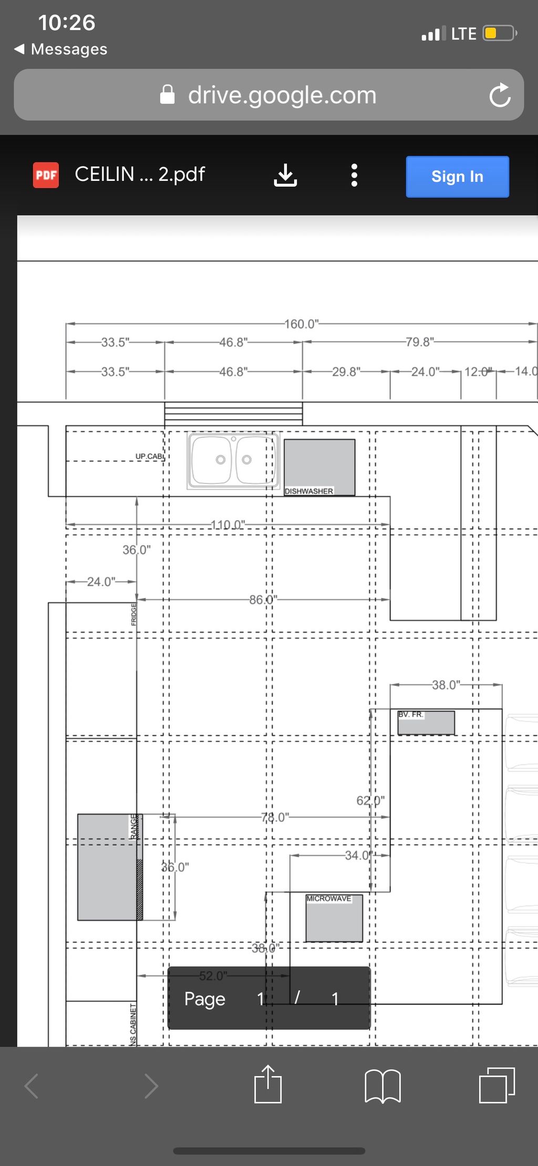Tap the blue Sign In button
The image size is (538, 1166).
[x=457, y=177]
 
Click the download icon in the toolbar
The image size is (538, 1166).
[x=285, y=175]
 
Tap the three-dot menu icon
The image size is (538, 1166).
[x=354, y=175]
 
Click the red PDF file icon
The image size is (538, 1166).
[x=46, y=175]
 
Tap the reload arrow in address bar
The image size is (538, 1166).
[x=500, y=95]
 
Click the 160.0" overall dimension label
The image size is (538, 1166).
[x=302, y=324]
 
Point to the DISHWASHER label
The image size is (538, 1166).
[x=308, y=491]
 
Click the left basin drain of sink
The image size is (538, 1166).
[x=221, y=460]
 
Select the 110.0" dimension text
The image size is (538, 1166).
[x=227, y=525]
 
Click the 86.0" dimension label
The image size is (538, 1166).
[x=263, y=600]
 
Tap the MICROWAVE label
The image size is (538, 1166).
[x=328, y=898]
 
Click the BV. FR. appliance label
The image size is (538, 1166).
[x=410, y=714]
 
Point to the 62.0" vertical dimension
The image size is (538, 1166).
[x=370, y=800]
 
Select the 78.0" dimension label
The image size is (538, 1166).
[x=275, y=817]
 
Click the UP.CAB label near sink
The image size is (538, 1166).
[x=149, y=457]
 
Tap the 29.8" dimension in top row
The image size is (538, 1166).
[x=346, y=372]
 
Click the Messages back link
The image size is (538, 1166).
[x=61, y=49]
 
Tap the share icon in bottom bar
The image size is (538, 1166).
[x=268, y=1084]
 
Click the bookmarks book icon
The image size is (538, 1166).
[x=382, y=1086]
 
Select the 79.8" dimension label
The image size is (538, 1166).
[x=419, y=342]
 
